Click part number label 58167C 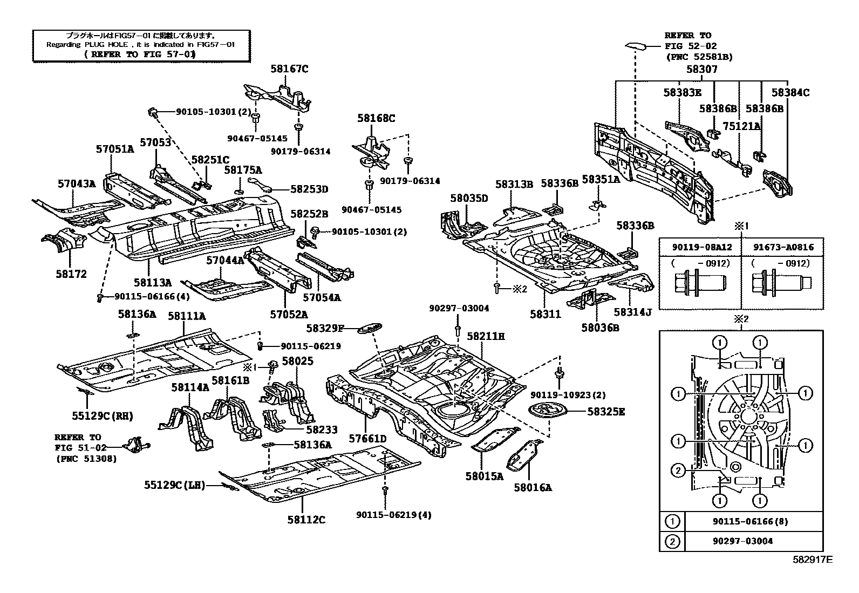pyautogui.click(x=289, y=69)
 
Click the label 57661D pyautogui.click(x=367, y=439)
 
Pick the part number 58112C pyautogui.click(x=306, y=520)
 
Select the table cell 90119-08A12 pyautogui.click(x=701, y=247)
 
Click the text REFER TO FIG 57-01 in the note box pyautogui.click(x=140, y=54)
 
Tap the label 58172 pyautogui.click(x=71, y=274)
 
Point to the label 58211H pyautogui.click(x=486, y=336)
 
